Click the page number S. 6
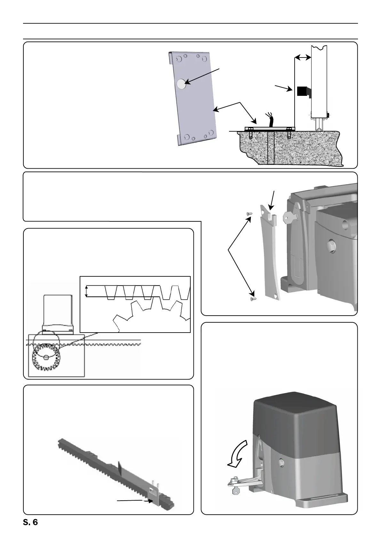tap(30, 523)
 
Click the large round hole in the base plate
tap(181, 84)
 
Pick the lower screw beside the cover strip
tap(252, 299)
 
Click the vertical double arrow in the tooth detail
tap(86, 291)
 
